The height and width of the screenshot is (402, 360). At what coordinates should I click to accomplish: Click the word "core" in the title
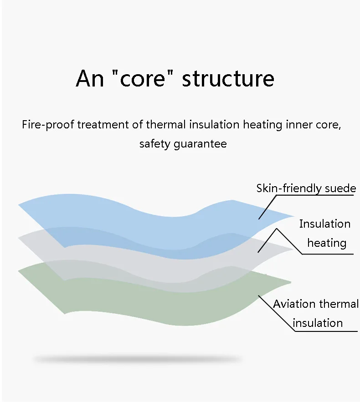[143, 78]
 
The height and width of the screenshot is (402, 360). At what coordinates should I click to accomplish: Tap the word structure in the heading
[228, 78]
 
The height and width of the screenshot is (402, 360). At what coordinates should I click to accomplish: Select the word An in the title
[90, 78]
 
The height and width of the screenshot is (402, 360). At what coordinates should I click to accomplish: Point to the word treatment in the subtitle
[103, 125]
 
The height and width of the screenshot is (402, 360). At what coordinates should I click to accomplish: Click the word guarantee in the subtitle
[200, 144]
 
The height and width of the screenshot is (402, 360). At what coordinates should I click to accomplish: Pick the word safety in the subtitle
[155, 144]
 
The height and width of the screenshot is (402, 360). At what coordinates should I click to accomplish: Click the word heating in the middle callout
[327, 243]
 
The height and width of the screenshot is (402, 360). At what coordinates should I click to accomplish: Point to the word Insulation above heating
[325, 224]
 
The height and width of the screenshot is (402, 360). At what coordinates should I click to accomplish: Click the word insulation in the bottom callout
[318, 323]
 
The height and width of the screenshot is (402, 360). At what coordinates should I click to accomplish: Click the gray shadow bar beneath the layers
[138, 359]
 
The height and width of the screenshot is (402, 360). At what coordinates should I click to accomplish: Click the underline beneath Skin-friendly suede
[315, 195]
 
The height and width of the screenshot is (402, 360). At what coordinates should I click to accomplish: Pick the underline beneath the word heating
[328, 254]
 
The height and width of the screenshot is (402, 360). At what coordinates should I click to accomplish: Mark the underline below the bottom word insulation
[326, 331]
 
